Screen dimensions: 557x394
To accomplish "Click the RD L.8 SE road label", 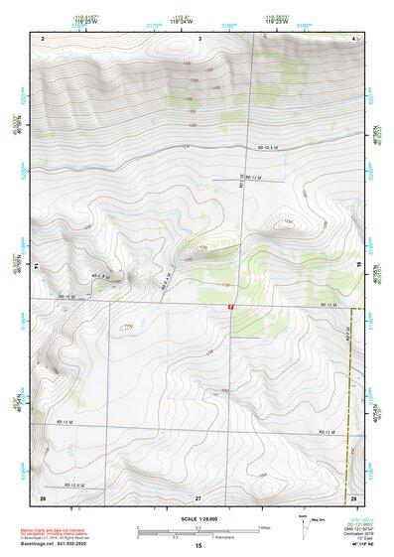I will pos(104,274).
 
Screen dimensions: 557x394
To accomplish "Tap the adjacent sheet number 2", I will pos(43,37).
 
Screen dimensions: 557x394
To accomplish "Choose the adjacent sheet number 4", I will pos(353,37).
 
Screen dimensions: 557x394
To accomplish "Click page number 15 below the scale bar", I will pos(197,546).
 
